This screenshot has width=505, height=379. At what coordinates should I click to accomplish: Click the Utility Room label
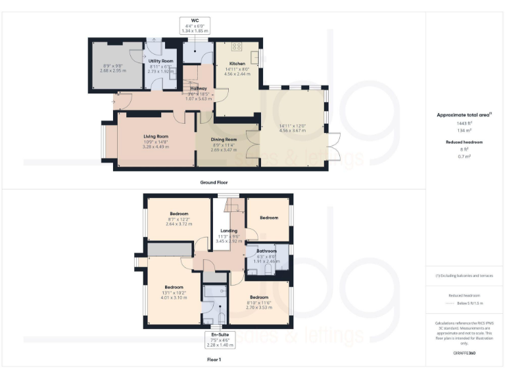click(x=160, y=61)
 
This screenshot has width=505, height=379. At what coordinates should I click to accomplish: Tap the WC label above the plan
click(x=195, y=21)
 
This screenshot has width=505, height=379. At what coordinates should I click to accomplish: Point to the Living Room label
click(x=156, y=137)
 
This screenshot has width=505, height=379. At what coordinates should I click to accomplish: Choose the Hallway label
click(x=199, y=88)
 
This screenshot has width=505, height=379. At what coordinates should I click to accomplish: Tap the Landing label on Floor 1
click(x=229, y=231)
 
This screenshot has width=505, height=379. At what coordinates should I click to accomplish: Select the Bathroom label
click(x=267, y=251)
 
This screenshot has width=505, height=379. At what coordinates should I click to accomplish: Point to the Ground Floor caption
click(x=214, y=182)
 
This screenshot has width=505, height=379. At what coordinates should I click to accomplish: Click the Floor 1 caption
click(x=214, y=360)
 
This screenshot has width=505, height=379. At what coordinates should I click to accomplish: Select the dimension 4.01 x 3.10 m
click(x=174, y=297)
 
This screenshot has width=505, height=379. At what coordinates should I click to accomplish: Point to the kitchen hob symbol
click(x=236, y=47)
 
